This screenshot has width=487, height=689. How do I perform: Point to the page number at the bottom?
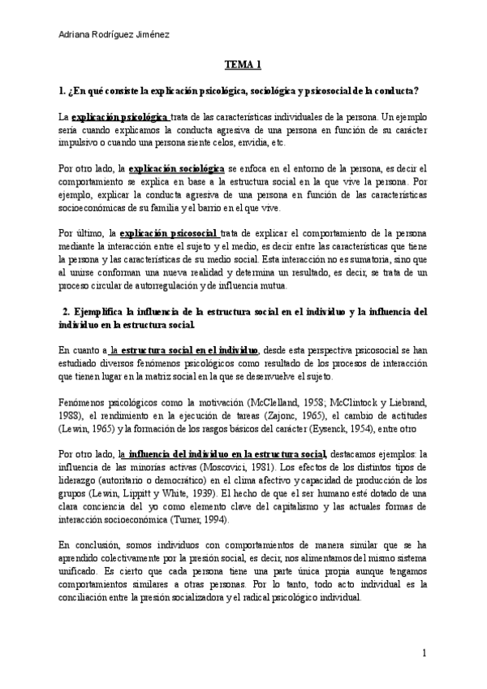click(425, 653)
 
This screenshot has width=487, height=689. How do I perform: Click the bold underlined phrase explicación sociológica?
click(177, 168)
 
